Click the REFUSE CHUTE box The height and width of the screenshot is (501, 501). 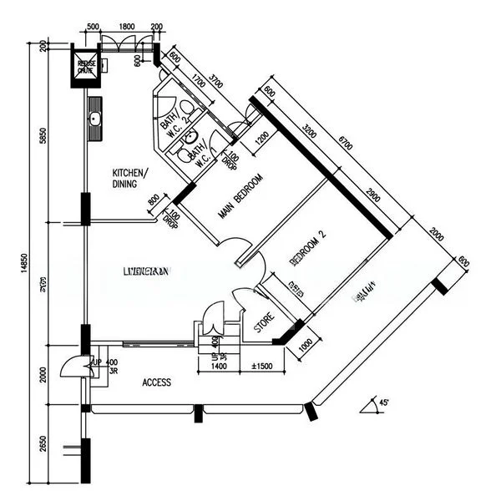click(x=87, y=67)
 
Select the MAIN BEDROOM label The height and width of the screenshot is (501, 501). click(x=240, y=197)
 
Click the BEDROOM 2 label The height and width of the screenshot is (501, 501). click(x=306, y=249)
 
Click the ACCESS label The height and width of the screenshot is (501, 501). click(x=156, y=382)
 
